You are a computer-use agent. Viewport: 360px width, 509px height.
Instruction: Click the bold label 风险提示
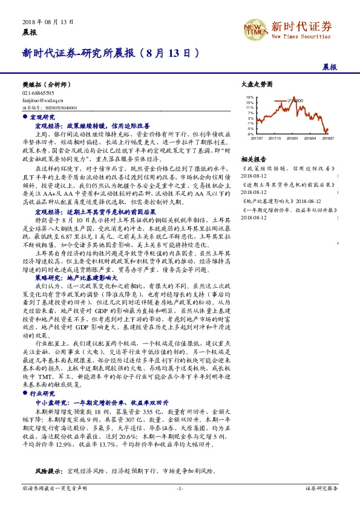48,470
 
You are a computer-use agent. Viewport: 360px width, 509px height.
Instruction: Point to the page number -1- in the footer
180,488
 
